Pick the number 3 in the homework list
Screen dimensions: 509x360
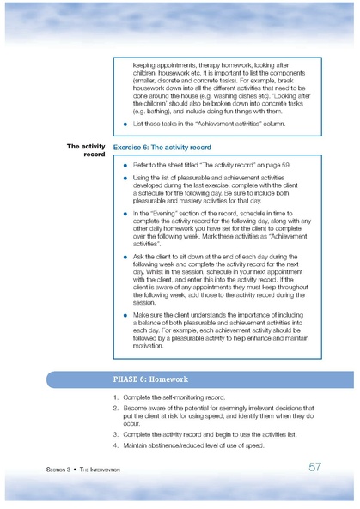[116, 433]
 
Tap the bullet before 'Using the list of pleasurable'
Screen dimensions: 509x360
[125, 177]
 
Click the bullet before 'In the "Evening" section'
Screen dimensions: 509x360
[125, 210]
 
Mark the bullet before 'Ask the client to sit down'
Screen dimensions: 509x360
[125, 257]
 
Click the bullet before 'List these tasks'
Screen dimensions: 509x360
[125, 124]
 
